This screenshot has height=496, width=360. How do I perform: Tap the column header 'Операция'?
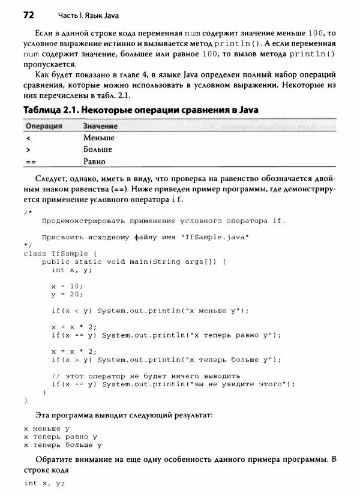coord(43,127)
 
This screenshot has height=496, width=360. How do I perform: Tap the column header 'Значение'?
coord(100,127)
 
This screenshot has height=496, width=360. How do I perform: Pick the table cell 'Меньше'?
coord(99,138)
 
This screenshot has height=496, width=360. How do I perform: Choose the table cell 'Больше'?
coord(98,149)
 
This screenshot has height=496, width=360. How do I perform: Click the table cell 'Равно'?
coord(95,161)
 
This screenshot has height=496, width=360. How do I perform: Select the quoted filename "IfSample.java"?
coord(215,237)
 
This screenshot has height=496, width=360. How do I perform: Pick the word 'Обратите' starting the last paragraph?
coord(53,459)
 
